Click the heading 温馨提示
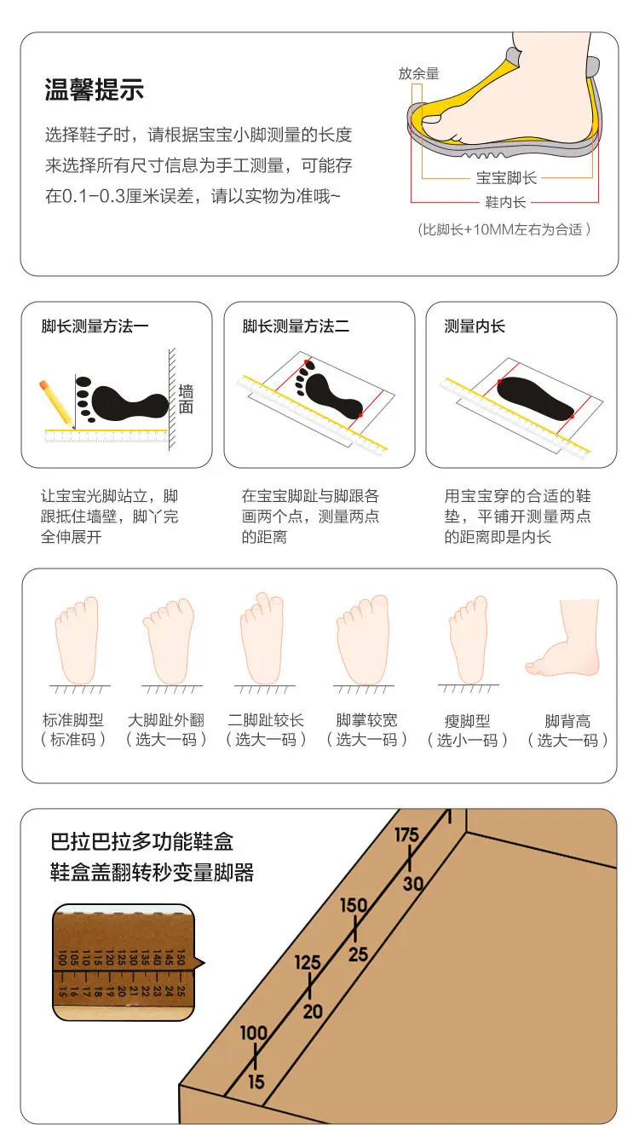point(95,89)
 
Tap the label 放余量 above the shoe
point(418,73)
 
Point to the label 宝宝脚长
point(506,178)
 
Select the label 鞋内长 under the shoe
point(505,202)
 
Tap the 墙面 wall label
point(185,399)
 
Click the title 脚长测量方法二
point(296,326)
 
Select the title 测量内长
point(475,326)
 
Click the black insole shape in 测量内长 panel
point(535,398)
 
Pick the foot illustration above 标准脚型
point(77,640)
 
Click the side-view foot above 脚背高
point(563,637)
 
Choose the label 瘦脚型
point(467,721)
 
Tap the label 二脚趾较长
point(266,720)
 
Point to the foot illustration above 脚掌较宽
point(364,640)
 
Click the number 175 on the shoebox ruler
point(406,835)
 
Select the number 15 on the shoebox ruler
point(256,1082)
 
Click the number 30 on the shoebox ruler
point(413,884)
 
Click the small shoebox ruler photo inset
point(124,963)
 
